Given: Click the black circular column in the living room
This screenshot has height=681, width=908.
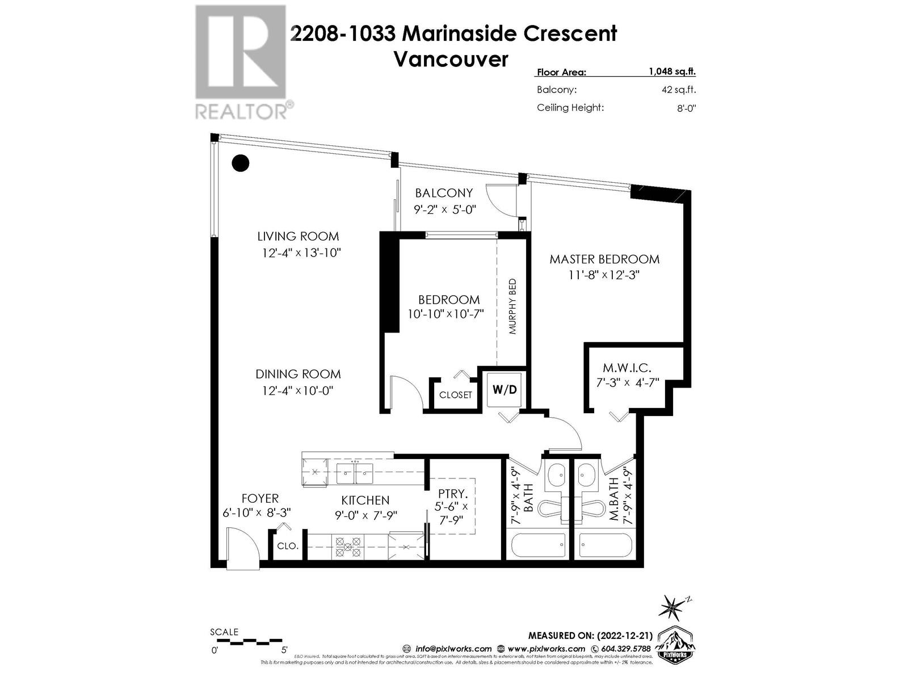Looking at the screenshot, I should (241, 163).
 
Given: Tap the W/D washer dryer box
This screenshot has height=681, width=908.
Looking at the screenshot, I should (505, 390).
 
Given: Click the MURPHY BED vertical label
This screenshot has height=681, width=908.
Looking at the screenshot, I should (512, 306).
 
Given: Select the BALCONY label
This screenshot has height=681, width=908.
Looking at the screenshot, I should (443, 193).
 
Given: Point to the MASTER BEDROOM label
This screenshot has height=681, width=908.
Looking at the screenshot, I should (604, 259).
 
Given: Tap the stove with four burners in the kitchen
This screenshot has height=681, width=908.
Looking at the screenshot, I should (347, 547).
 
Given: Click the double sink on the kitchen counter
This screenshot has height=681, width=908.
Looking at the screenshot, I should (354, 472).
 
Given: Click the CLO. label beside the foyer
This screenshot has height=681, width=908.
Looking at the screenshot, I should (288, 546).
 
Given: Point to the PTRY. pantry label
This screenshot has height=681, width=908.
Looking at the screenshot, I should (452, 494).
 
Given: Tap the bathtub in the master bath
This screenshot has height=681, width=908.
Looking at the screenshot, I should (606, 547).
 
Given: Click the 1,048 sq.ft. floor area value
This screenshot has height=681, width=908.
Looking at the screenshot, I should (672, 72).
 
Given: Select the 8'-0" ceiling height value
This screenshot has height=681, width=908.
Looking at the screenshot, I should (686, 108).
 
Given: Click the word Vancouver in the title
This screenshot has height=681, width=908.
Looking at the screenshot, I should (451, 59).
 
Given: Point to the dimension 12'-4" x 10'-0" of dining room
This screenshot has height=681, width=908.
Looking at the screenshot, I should (297, 391).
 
